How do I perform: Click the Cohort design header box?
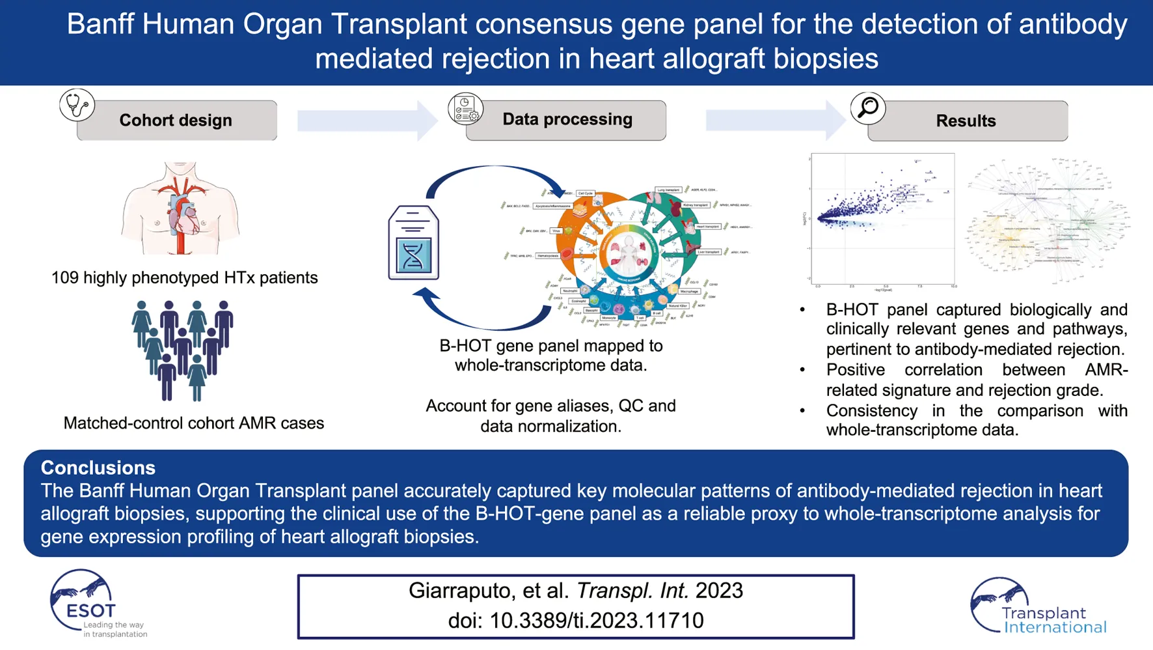point(176,120)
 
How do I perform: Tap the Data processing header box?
point(566,120)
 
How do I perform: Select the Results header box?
point(967,121)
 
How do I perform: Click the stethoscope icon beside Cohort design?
point(77,105)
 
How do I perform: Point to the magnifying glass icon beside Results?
point(868,107)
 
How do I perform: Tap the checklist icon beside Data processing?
point(465,109)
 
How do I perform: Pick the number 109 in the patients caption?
point(65,278)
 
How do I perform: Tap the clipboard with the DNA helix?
point(413,243)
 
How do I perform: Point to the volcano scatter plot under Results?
point(882,219)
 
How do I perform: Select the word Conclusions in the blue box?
point(98,468)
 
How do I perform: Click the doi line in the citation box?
point(576,621)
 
